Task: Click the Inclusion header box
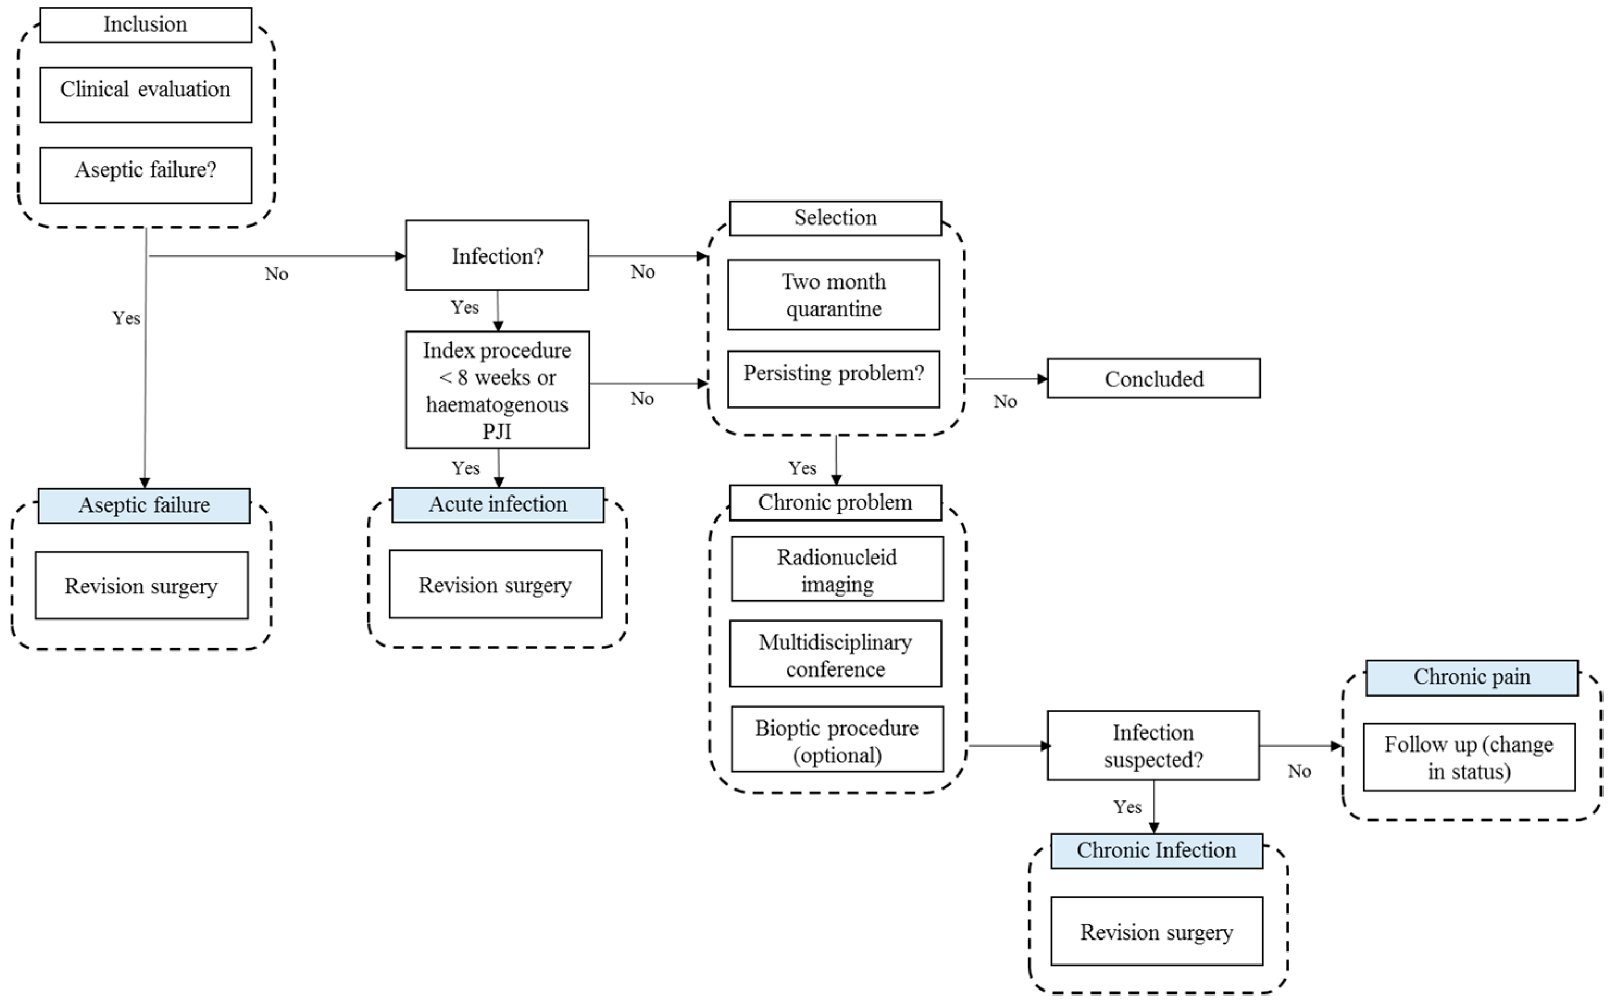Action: pyautogui.click(x=145, y=24)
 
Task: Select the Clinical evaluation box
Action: pyautogui.click(x=145, y=95)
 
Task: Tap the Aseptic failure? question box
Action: pyautogui.click(x=145, y=174)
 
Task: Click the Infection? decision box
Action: pyautogui.click(x=497, y=255)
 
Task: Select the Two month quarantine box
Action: pyautogui.click(x=833, y=295)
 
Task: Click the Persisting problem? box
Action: pyautogui.click(x=833, y=379)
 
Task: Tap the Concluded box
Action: pyautogui.click(x=1153, y=378)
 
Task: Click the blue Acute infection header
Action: pyautogui.click(x=497, y=505)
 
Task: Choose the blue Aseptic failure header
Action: pyautogui.click(x=144, y=505)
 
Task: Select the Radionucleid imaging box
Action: pyautogui.click(x=837, y=569)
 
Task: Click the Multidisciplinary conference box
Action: pyautogui.click(x=835, y=654)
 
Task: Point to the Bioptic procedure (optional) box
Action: pyautogui.click(x=837, y=740)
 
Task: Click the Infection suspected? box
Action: pyautogui.click(x=1153, y=746)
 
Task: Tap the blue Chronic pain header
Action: pyautogui.click(x=1471, y=677)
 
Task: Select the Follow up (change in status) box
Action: pyautogui.click(x=1469, y=757)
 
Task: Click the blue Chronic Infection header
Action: pyautogui.click(x=1156, y=850)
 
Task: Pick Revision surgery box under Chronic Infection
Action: pyautogui.click(x=1156, y=931)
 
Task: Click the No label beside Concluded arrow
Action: pyautogui.click(x=1004, y=402)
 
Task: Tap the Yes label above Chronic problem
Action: pyautogui.click(x=802, y=468)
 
